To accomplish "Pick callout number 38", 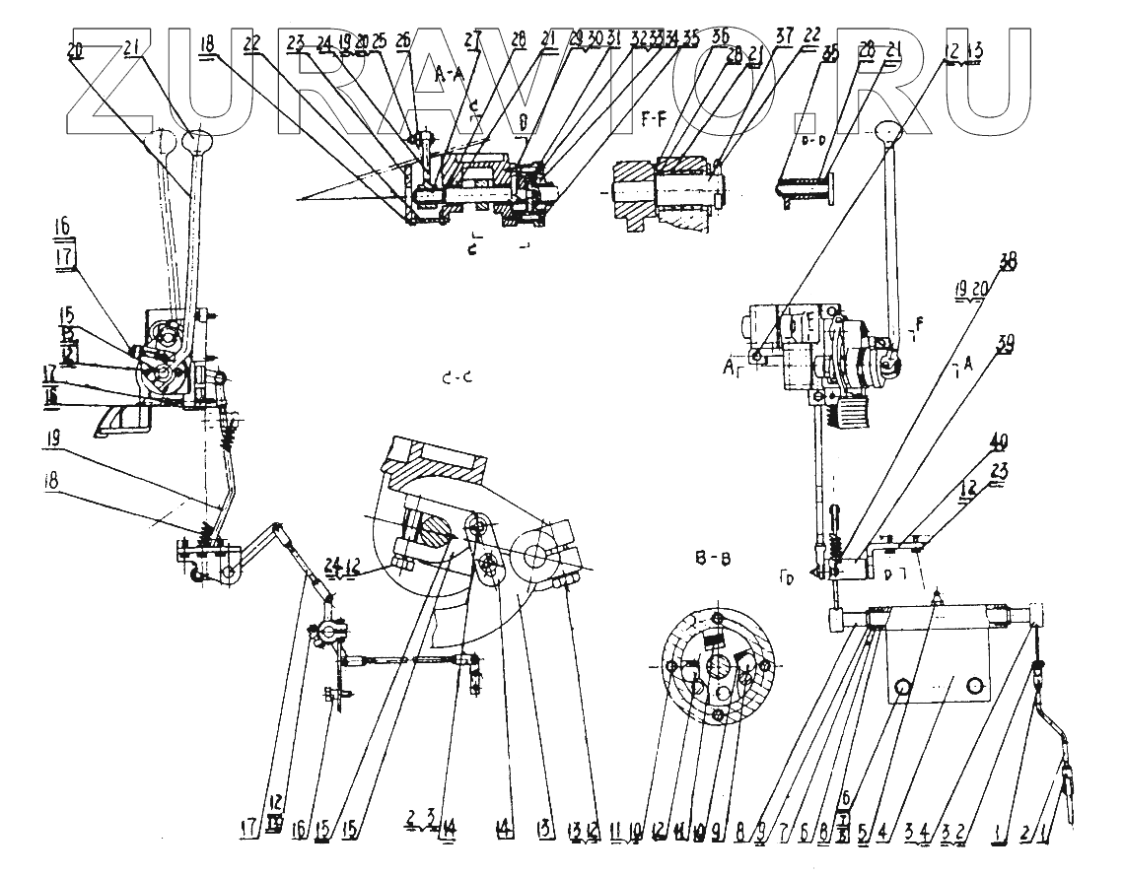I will (x=1006, y=263).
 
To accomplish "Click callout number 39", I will (x=1008, y=344).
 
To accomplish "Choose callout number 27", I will (x=473, y=37).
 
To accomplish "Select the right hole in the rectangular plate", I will (x=975, y=685).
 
